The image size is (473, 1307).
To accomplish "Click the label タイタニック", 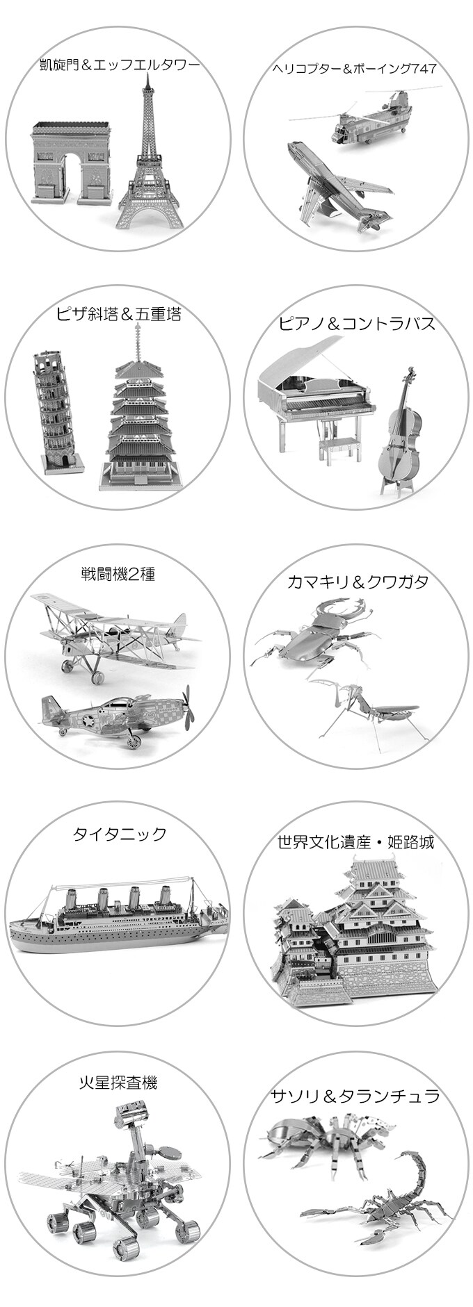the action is [x=120, y=833].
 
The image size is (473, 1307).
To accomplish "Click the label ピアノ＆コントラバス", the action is [x=357, y=323].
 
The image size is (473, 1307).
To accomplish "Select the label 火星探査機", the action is [x=118, y=1082].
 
